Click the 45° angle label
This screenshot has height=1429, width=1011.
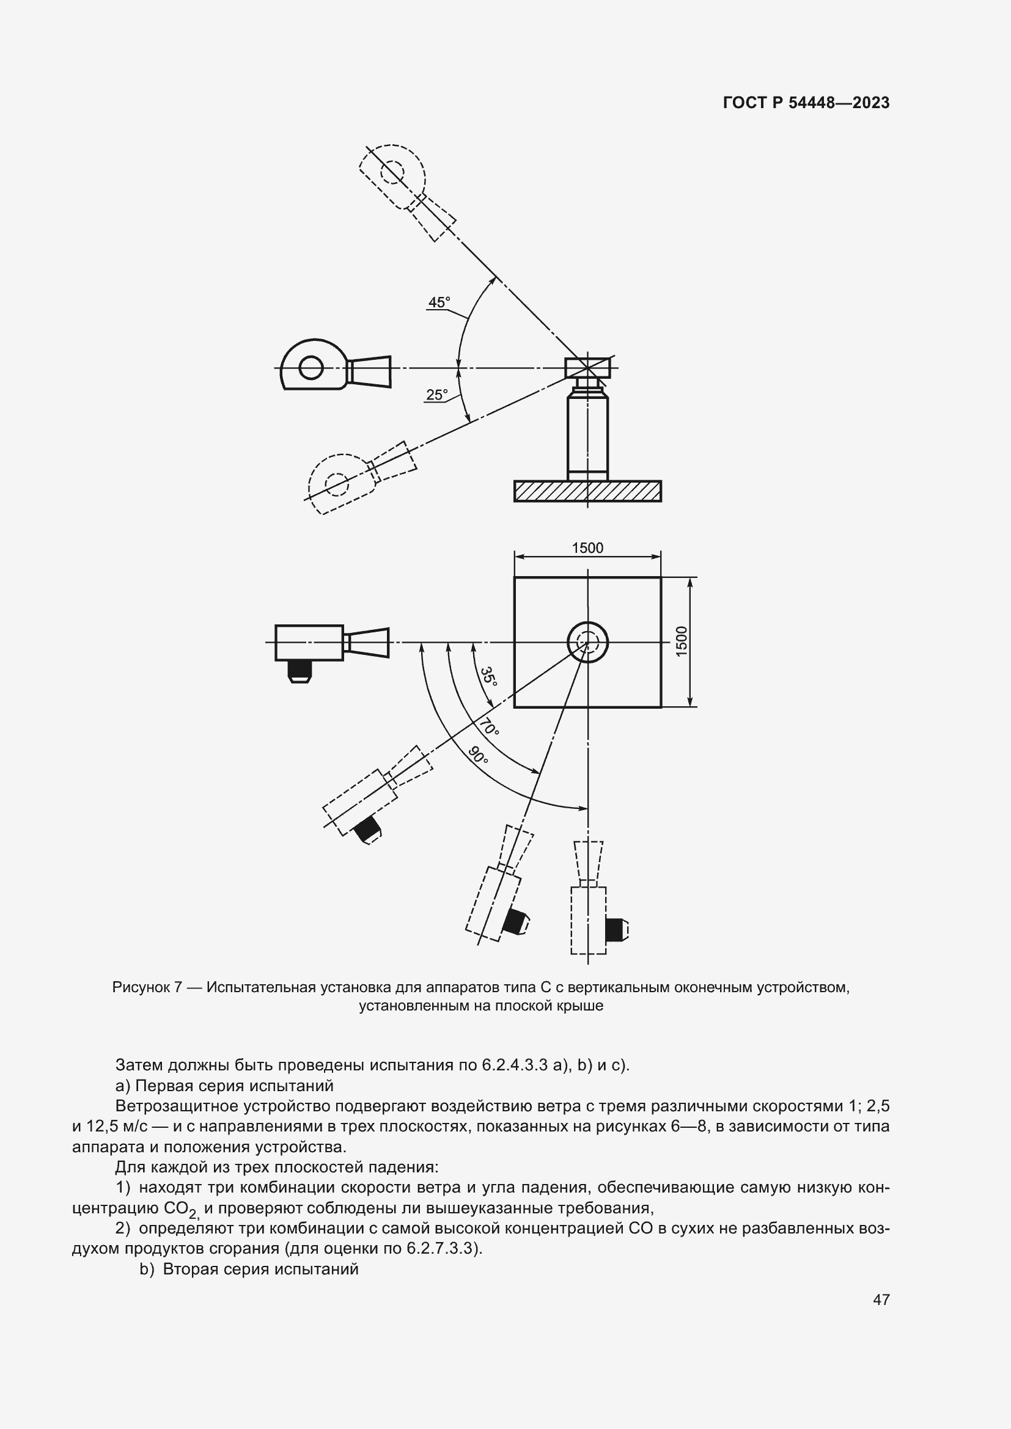pyautogui.click(x=438, y=302)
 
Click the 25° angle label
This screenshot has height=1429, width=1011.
pyautogui.click(x=436, y=395)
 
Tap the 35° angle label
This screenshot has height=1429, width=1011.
pyautogui.click(x=489, y=676)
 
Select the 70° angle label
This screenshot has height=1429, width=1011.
pyautogui.click(x=490, y=727)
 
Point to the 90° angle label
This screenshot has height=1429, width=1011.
pyautogui.click(x=478, y=756)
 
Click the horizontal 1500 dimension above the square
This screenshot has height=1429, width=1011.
pyautogui.click(x=587, y=547)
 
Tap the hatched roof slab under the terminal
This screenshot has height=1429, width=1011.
pyautogui.click(x=587, y=491)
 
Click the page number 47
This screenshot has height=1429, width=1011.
pyautogui.click(x=881, y=1299)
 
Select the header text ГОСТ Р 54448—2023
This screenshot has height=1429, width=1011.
pyautogui.click(x=806, y=103)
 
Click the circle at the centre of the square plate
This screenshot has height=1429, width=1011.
pyautogui.click(x=587, y=641)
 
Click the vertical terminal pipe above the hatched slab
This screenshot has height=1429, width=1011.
pyautogui.click(x=587, y=436)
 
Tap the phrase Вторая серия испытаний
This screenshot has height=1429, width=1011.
pyautogui.click(x=260, y=1268)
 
